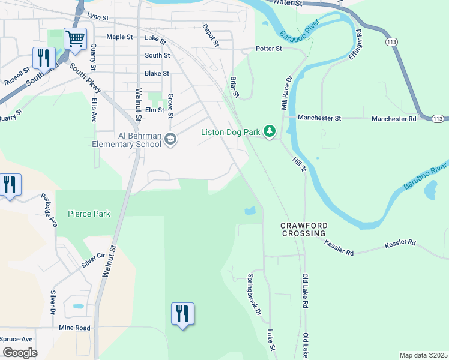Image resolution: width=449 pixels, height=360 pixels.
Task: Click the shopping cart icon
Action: pos(76,39)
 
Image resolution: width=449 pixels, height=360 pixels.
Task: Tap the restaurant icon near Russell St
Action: pos(43,58)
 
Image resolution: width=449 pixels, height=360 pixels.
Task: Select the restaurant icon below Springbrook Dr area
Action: pos(182,314)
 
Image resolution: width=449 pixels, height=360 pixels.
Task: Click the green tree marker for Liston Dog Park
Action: pos(270,131)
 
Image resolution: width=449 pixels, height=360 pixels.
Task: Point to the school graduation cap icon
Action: pos(170,139)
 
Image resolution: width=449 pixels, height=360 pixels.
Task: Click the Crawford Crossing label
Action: pos(304,229)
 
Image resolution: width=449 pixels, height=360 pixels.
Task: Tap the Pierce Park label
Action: pos(89,214)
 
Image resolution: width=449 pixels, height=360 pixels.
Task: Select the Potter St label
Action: pos(268,48)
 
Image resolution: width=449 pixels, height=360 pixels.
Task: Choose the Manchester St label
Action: pos(319,118)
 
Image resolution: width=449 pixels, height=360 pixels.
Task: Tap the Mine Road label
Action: pos(74,328)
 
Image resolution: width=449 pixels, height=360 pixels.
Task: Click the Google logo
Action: pos(19,352)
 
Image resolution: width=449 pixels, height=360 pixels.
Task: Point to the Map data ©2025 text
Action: pos(423,355)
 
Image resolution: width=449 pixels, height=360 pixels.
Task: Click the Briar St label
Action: pos(235,86)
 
